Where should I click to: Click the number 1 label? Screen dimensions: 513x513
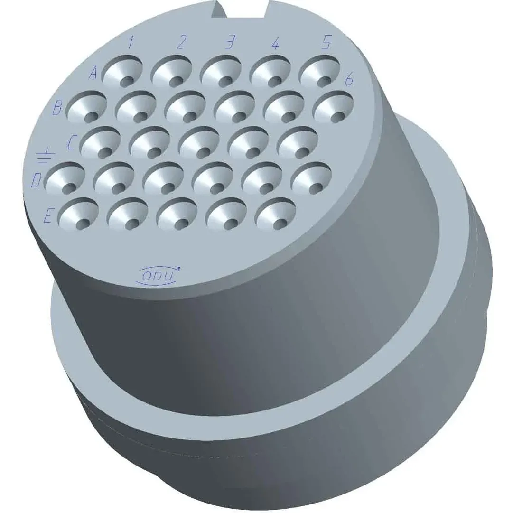[x=131, y=43]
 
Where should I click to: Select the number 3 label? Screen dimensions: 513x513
[x=231, y=42]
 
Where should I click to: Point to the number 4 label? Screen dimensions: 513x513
[x=276, y=43]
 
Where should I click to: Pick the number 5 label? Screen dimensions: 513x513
[x=326, y=42]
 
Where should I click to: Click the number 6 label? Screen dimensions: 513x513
[x=349, y=80]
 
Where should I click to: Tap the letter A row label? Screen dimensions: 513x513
[x=93, y=73]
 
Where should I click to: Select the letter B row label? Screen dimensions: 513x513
[x=57, y=108]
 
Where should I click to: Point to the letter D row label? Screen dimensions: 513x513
[x=36, y=181]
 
